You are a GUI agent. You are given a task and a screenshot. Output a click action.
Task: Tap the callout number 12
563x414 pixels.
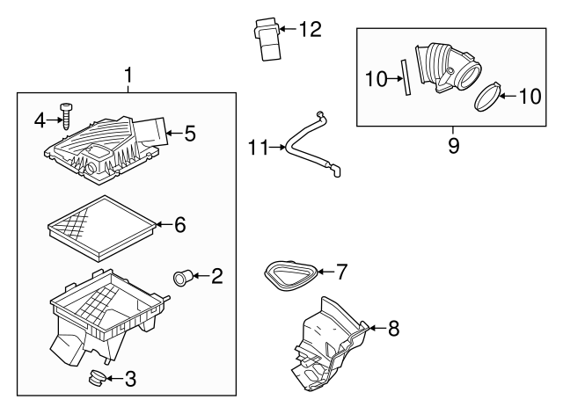310,30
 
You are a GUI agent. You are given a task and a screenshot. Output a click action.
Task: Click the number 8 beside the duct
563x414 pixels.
393,328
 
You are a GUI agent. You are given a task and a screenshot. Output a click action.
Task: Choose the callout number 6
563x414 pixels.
179,225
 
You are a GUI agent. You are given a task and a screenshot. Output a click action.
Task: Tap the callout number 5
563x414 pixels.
189,134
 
